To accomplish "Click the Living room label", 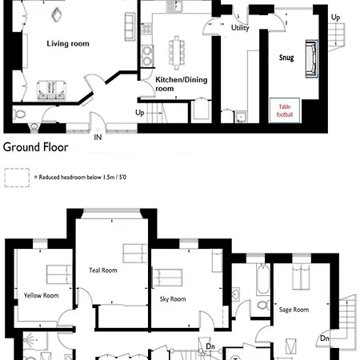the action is (x=68, y=44).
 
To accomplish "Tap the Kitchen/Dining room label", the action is (x=182, y=84).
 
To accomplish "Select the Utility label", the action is (x=240, y=28).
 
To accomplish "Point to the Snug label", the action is (x=286, y=58).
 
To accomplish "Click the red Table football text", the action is (x=285, y=110).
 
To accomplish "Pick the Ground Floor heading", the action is (x=36, y=147).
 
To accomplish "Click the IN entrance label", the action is (x=98, y=138).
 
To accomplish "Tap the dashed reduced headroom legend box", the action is (x=17, y=178).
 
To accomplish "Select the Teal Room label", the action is (x=103, y=270).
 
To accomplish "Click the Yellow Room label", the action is (x=41, y=295).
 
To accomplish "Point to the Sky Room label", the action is (x=173, y=299).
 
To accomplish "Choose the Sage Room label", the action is (x=294, y=310).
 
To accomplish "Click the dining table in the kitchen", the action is (x=177, y=53).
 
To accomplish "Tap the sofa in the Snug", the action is (x=312, y=58).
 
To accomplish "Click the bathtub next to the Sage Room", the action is (x=263, y=279).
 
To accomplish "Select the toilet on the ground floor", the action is (x=19, y=114).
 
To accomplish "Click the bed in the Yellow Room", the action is (x=59, y=274).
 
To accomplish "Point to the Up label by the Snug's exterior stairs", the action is (x=335, y=18).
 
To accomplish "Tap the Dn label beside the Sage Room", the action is (x=325, y=338).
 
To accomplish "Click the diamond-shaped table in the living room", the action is (x=57, y=14).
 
